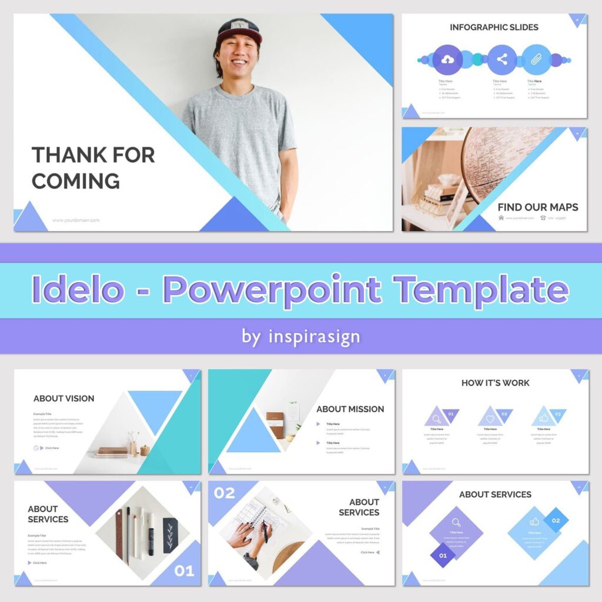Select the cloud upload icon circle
pyautogui.click(x=447, y=59)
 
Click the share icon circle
pyautogui.click(x=502, y=59)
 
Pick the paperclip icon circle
pyautogui.click(x=536, y=59)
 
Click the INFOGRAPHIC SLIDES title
pyautogui.click(x=494, y=27)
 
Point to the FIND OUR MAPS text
pyautogui.click(x=537, y=207)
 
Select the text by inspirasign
pyautogui.click(x=301, y=337)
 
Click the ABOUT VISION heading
pyautogui.click(x=63, y=398)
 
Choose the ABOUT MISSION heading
pyautogui.click(x=350, y=409)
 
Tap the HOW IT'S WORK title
pyautogui.click(x=495, y=383)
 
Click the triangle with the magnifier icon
pyautogui.click(x=437, y=417)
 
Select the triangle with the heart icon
pyautogui.click(x=490, y=417)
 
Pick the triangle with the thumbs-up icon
pyautogui.click(x=544, y=417)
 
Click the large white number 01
pyautogui.click(x=184, y=571)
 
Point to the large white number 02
pyautogui.click(x=224, y=493)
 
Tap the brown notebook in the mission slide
pyautogui.click(x=275, y=424)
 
